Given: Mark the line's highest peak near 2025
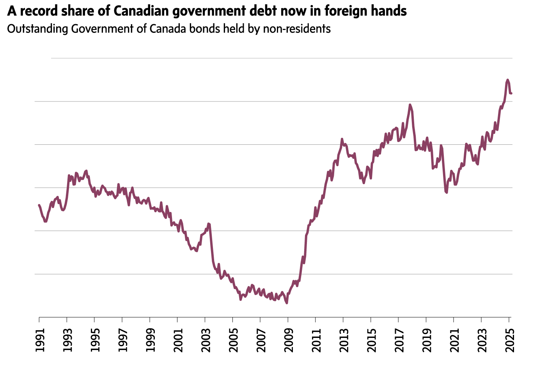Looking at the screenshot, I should (507, 80).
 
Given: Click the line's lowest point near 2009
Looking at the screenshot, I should (287, 303).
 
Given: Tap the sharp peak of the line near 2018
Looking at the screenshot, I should (409, 105).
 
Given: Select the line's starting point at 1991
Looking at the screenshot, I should (39, 204).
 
